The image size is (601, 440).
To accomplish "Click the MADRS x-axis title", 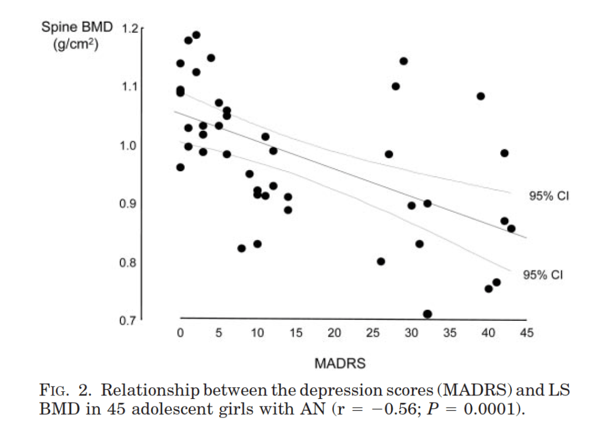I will click(340, 364).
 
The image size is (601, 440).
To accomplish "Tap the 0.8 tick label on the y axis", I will click(129, 262).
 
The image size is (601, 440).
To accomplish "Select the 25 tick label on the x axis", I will click(373, 333).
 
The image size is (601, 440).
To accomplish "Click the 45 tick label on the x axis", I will click(526, 333).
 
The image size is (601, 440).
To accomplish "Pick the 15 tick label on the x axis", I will click(296, 333).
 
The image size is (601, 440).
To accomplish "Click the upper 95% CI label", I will click(549, 197).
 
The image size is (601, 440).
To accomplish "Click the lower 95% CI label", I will click(543, 275).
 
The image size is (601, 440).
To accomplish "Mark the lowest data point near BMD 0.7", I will click(427, 314).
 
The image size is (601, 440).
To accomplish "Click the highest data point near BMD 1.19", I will click(196, 35).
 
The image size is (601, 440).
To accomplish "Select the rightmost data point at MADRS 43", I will click(511, 228).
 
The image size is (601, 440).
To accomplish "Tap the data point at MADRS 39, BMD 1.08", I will click(481, 96).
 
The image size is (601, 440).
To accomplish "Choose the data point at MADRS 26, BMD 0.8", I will click(381, 262).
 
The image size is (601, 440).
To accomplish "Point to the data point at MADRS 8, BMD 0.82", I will click(241, 248).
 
